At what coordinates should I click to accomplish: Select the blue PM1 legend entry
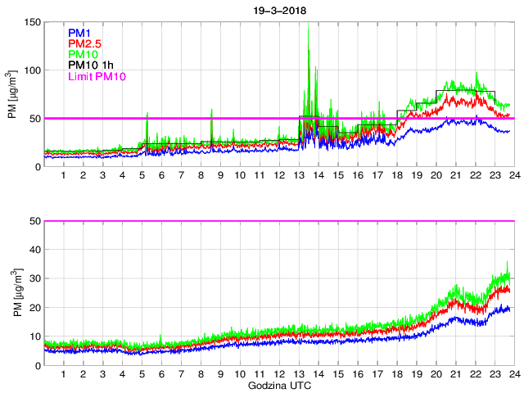click(x=80, y=33)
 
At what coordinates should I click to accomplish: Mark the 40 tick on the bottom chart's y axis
click(x=35, y=250)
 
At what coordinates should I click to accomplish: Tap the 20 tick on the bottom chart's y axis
click(x=35, y=307)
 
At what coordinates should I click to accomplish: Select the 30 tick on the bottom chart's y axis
click(x=35, y=278)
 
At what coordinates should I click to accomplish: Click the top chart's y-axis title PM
click(x=14, y=95)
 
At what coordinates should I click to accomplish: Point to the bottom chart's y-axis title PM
click(x=14, y=293)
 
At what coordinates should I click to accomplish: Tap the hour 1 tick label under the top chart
click(x=63, y=176)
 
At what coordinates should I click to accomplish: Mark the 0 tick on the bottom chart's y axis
click(x=38, y=365)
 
